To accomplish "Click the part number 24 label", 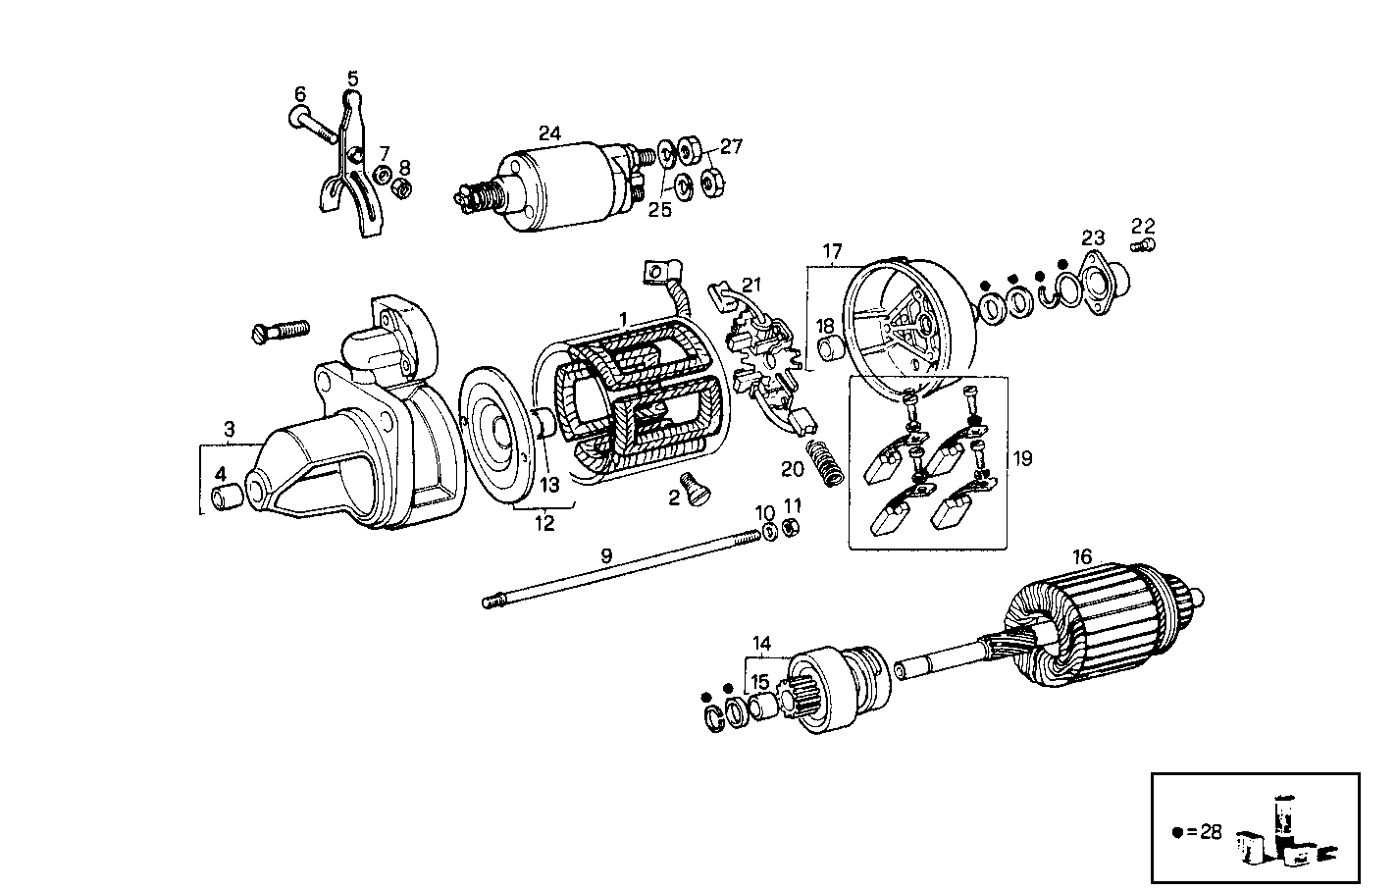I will pos(549,132).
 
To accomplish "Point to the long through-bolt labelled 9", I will pos(628,569).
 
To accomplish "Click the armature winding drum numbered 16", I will pos(1089,628).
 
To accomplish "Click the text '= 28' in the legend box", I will pos(1204,832).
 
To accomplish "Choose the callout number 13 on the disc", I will pos(549,485).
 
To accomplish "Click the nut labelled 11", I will pos(793,530).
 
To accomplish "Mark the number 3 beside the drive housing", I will pos(229,429).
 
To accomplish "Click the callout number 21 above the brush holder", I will pos(751,285).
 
